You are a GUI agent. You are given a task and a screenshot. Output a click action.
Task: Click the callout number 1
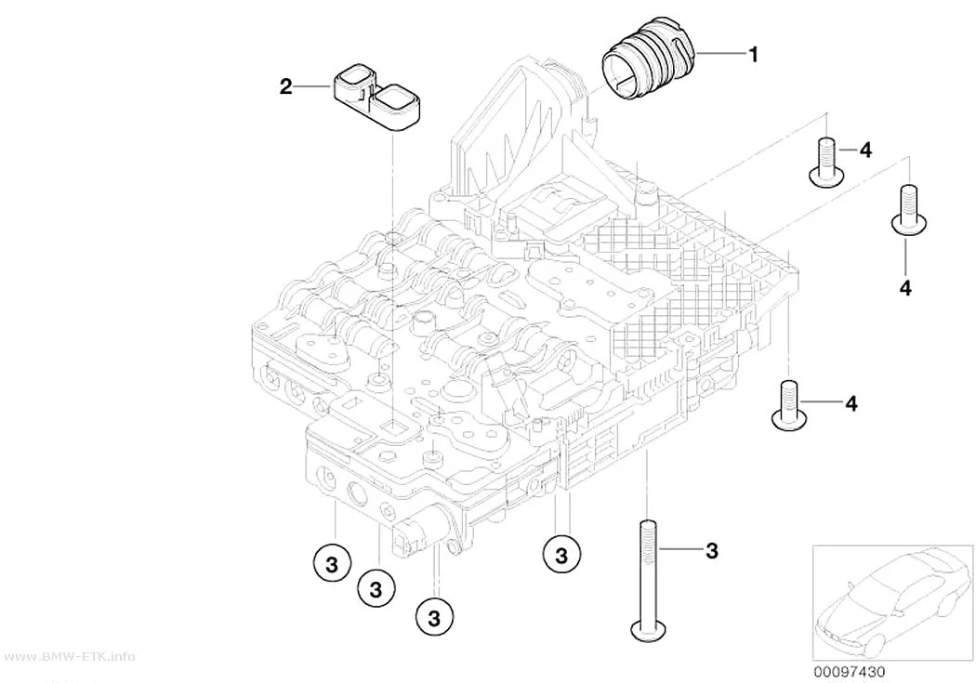point(753,55)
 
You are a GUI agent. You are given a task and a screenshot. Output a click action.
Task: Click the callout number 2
point(285,86)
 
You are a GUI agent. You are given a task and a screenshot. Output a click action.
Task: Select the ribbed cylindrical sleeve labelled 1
point(648,66)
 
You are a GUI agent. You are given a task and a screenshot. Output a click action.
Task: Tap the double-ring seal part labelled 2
point(376,97)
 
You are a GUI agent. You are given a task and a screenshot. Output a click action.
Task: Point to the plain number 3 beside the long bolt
point(712,550)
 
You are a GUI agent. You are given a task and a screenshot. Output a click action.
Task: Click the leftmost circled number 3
point(331,564)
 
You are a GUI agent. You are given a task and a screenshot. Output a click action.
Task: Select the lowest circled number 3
point(434,618)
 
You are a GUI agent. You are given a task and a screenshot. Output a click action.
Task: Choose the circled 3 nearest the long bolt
point(561,554)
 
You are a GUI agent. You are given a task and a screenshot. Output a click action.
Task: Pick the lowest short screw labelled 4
point(788,404)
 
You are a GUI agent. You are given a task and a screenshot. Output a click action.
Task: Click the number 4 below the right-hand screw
point(905,288)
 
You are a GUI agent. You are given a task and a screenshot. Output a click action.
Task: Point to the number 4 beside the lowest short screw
point(851,403)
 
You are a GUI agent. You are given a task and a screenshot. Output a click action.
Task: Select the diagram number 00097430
point(849,672)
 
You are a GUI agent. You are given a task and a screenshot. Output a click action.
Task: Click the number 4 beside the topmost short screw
point(865,150)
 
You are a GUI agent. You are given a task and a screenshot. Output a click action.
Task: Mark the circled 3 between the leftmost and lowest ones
point(376,588)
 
